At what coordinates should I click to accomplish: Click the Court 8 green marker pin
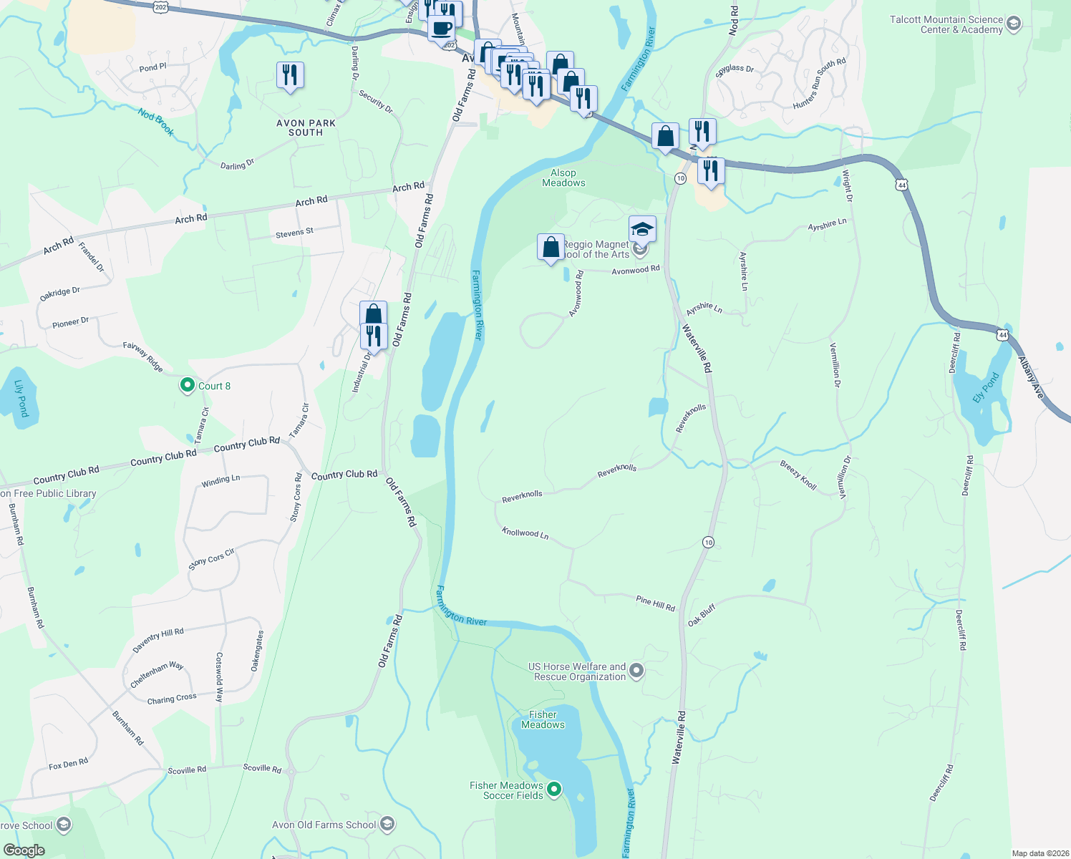pyautogui.click(x=188, y=386)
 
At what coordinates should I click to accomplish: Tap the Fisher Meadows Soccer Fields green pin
pyautogui.click(x=554, y=790)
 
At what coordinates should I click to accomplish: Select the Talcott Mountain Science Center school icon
pyautogui.click(x=1013, y=24)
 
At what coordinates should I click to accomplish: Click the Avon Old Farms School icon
pyautogui.click(x=387, y=825)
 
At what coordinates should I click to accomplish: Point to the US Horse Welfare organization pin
pyautogui.click(x=636, y=671)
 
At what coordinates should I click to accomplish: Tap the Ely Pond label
pyautogui.click(x=986, y=388)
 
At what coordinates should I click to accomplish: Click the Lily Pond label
pyautogui.click(x=21, y=398)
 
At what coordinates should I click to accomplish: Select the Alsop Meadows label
pyautogui.click(x=563, y=178)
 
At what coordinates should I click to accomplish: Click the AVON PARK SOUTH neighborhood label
pyautogui.click(x=306, y=127)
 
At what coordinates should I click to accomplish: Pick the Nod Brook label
pyautogui.click(x=156, y=121)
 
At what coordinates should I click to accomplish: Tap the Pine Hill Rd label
pyautogui.click(x=655, y=603)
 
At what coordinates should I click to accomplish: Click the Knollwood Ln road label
pyautogui.click(x=525, y=533)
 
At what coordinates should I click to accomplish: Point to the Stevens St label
pyautogui.click(x=294, y=233)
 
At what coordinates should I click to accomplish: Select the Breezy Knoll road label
pyautogui.click(x=798, y=475)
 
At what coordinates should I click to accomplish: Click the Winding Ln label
pyautogui.click(x=220, y=481)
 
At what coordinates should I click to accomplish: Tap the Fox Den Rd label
pyautogui.click(x=69, y=765)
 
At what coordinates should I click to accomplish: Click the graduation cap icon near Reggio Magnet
pyautogui.click(x=642, y=229)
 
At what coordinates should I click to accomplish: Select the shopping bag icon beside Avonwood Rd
pyautogui.click(x=551, y=248)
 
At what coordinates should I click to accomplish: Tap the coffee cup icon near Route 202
pyautogui.click(x=441, y=29)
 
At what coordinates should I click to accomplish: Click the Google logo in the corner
pyautogui.click(x=24, y=850)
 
